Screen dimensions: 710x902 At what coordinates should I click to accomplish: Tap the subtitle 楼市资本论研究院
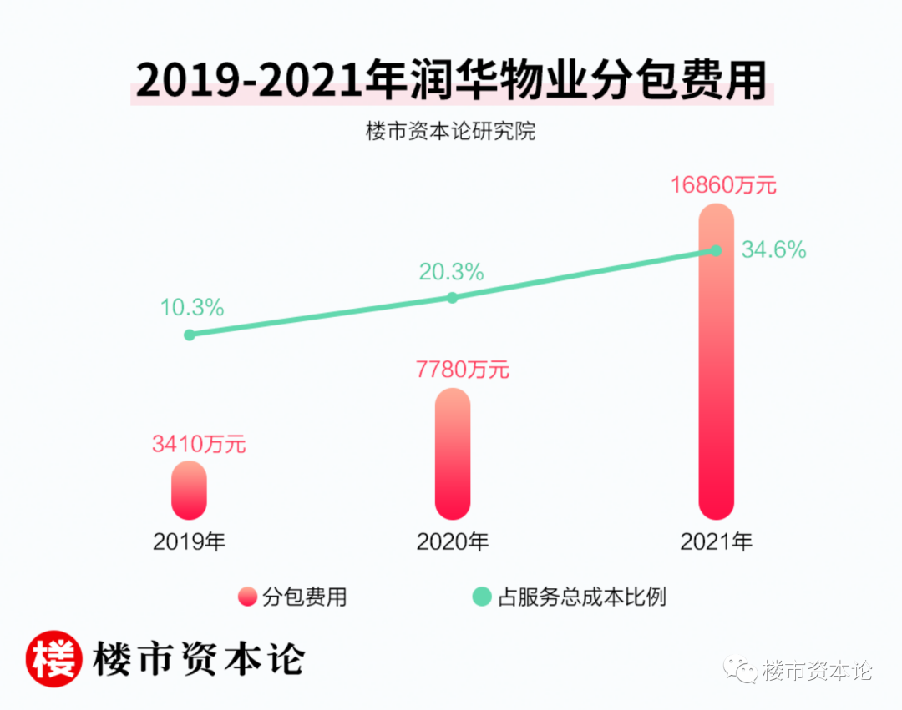pyautogui.click(x=450, y=131)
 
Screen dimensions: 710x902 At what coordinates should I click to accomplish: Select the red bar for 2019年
pyautogui.click(x=189, y=491)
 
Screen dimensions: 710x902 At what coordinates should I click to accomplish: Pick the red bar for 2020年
pyautogui.click(x=453, y=455)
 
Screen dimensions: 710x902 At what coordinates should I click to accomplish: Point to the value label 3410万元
pyautogui.click(x=199, y=444)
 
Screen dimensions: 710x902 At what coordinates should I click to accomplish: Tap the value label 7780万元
pyautogui.click(x=463, y=370)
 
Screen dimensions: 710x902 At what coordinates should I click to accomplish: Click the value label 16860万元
pyautogui.click(x=724, y=185)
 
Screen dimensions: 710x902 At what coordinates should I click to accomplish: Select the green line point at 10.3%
pyautogui.click(x=190, y=335)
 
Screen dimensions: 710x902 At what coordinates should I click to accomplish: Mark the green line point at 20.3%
pyautogui.click(x=453, y=297)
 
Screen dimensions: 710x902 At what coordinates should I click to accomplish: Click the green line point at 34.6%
pyautogui.click(x=716, y=249)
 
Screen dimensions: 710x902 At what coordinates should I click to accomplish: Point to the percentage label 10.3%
pyautogui.click(x=192, y=308)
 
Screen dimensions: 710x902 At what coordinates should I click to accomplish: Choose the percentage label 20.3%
pyautogui.click(x=452, y=271)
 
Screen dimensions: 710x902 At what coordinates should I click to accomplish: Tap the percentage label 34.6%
pyautogui.click(x=774, y=249)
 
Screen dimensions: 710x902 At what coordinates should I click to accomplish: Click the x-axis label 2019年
pyautogui.click(x=190, y=541)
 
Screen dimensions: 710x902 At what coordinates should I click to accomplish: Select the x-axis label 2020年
pyautogui.click(x=453, y=541)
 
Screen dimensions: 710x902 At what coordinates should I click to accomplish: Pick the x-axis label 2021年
pyautogui.click(x=716, y=541)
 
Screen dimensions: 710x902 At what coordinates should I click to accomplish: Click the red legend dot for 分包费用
pyautogui.click(x=247, y=597)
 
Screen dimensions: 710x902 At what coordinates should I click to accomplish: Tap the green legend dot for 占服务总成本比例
pyautogui.click(x=482, y=597)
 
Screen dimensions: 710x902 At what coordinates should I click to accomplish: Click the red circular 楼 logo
pyautogui.click(x=54, y=658)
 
